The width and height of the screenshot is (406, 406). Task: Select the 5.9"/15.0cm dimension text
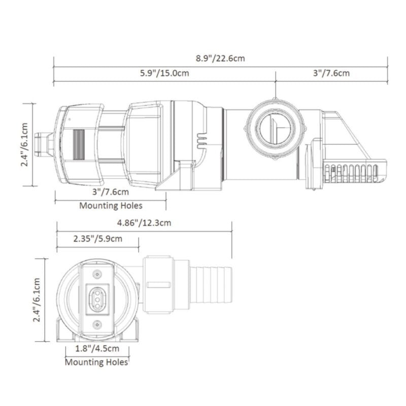click(x=165, y=73)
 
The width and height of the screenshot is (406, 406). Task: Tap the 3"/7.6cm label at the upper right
click(x=331, y=73)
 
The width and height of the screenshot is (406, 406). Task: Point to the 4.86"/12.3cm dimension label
click(x=144, y=222)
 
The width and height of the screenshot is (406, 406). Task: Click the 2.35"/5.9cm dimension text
click(x=97, y=239)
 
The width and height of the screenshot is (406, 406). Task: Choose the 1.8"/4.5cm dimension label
click(x=97, y=349)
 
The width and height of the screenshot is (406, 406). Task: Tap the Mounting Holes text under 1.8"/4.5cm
click(x=96, y=362)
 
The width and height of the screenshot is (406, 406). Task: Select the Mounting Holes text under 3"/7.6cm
click(x=111, y=206)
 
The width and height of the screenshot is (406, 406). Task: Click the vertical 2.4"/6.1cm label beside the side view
click(x=24, y=144)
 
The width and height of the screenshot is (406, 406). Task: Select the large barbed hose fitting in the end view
click(x=211, y=284)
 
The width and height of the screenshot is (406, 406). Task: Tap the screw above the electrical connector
click(x=97, y=275)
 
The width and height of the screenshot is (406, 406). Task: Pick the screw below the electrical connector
click(x=97, y=324)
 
